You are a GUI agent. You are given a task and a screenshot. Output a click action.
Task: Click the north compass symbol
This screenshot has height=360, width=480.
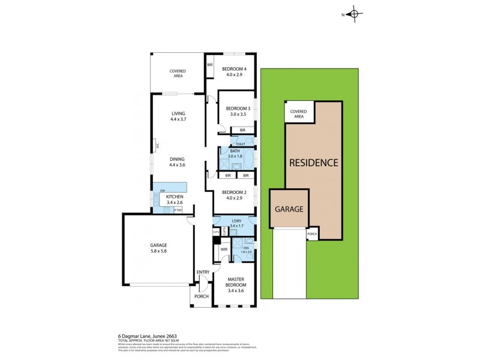(x=354, y=14)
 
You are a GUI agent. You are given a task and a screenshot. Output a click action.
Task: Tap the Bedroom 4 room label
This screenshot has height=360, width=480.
(x=230, y=68)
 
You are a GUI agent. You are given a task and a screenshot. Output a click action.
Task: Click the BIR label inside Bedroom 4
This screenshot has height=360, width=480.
(x=210, y=65)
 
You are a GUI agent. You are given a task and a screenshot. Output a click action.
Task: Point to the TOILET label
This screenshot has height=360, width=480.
(x=241, y=144)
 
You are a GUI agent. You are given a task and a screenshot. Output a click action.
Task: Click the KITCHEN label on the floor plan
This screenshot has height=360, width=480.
(x=175, y=197)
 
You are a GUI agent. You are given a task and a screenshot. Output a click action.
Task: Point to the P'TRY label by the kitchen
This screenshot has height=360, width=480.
(x=178, y=209)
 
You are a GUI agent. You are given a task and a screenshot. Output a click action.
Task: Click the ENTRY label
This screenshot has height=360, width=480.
(x=203, y=272)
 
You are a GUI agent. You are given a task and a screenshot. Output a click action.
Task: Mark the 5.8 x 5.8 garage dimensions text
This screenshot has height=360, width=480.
(x=158, y=252)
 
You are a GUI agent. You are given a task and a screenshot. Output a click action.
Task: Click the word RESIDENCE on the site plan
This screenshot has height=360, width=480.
(x=314, y=163)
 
